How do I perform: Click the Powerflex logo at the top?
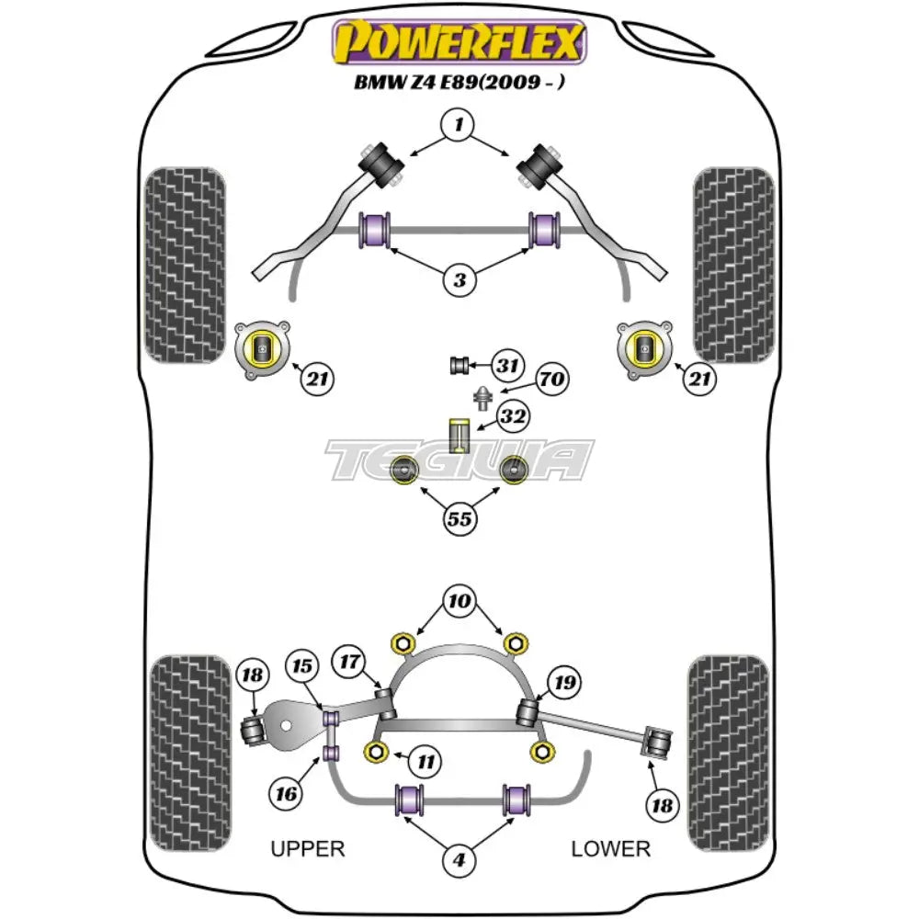click(x=459, y=43)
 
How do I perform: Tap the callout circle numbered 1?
click(x=459, y=123)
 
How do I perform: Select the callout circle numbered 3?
click(x=459, y=279)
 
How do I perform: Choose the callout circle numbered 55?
click(x=459, y=518)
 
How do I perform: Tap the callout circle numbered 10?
click(x=459, y=601)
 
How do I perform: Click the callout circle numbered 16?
click(x=287, y=790)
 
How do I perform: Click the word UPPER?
click(x=308, y=848)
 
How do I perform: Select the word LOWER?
click(x=610, y=848)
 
